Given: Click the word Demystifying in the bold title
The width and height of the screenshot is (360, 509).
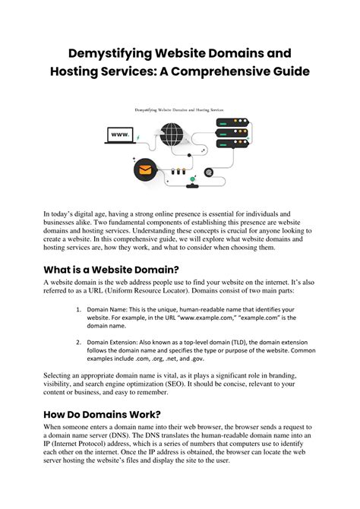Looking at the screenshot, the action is (x=109, y=53).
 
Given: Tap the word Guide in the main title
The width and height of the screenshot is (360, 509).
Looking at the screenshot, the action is (x=291, y=71).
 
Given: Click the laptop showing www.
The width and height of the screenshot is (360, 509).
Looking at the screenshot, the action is (x=120, y=135).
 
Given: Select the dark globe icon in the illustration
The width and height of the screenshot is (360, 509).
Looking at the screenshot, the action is (x=171, y=134).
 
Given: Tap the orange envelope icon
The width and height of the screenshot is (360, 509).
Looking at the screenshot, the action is (x=145, y=169).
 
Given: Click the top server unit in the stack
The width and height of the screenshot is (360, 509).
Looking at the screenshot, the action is (x=232, y=122).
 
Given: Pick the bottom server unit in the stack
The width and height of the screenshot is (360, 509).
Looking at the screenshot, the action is (x=232, y=143).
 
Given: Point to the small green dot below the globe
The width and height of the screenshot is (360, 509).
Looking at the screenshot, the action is (x=192, y=179).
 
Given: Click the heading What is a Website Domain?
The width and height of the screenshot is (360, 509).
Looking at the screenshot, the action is (x=112, y=270).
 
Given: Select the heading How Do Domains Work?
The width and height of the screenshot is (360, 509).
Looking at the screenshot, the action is (x=103, y=414).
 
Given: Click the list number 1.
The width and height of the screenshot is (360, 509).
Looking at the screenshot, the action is (x=78, y=309).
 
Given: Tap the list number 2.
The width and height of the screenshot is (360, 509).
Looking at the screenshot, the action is (x=78, y=342).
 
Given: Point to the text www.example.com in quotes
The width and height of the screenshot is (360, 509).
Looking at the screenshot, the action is (x=207, y=318).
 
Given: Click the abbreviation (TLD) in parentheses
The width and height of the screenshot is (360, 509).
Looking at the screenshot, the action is (x=238, y=342).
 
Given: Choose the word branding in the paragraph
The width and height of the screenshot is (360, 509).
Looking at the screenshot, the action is (x=283, y=375).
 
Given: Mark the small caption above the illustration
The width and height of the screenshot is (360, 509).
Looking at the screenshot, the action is (x=179, y=110).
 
